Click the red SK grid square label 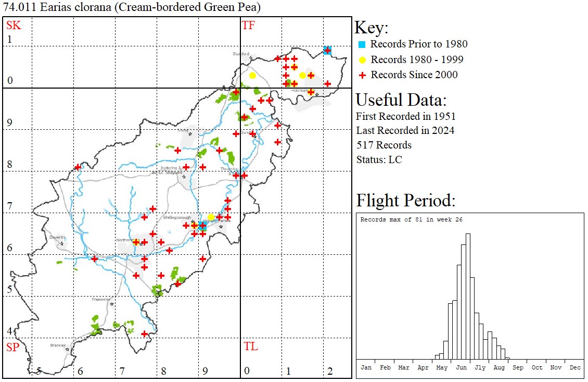pos(13,26)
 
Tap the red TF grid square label pos(249,26)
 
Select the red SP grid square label pos(12,347)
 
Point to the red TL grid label pos(250,347)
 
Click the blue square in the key pos(363,44)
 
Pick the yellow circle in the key pos(363,59)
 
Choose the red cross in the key pos(363,75)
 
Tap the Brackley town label pos(58,345)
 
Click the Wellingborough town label pos(178,217)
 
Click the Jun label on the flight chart pos(461,367)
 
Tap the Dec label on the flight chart pos(575,367)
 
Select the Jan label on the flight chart pos(366,367)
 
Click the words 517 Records pos(384,145)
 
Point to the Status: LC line pos(379,159)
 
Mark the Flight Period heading pos(406,200)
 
